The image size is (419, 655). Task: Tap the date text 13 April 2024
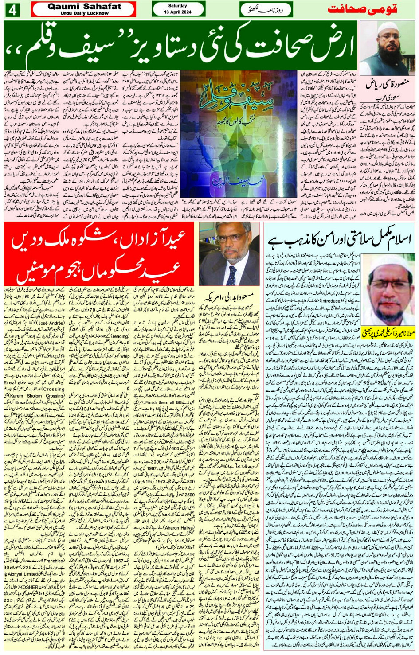(x=178, y=12)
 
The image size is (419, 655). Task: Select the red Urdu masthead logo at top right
(x=362, y=9)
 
